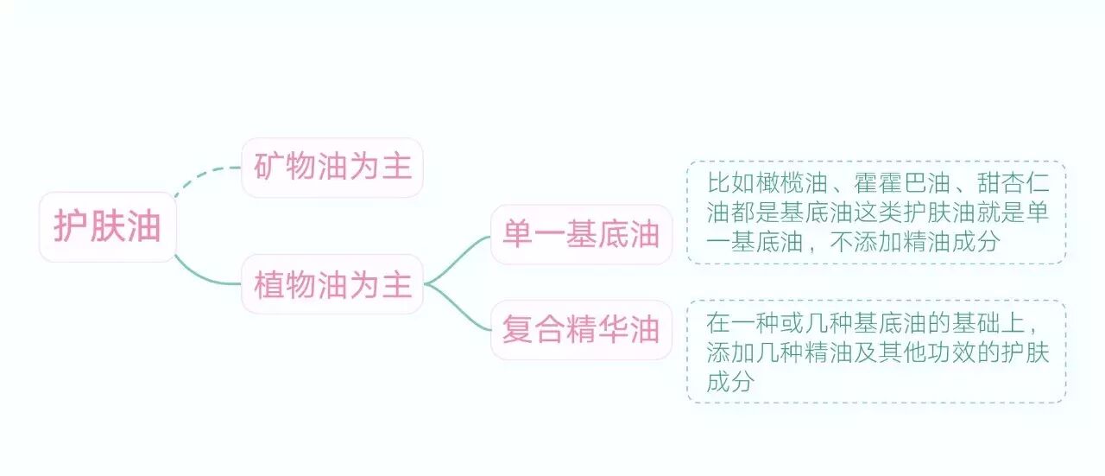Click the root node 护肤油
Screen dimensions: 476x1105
click(108, 227)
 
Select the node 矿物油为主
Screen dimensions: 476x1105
click(332, 168)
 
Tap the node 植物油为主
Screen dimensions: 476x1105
click(332, 284)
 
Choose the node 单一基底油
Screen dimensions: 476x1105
click(581, 235)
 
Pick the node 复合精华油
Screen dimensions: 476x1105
click(581, 330)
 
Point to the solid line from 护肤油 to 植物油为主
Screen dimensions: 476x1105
click(203, 277)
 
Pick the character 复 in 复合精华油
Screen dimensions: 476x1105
click(518, 330)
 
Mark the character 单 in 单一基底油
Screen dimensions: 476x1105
click(518, 235)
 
